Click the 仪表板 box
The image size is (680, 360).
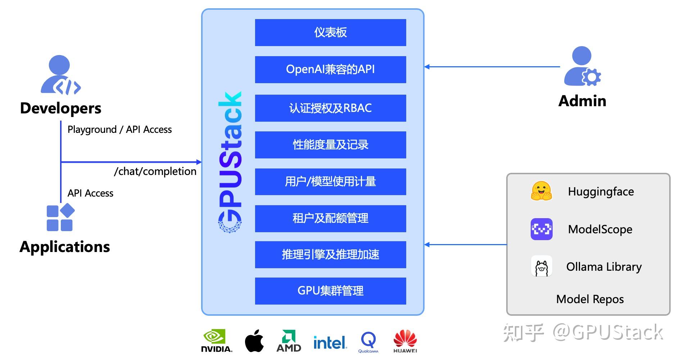pyautogui.click(x=330, y=32)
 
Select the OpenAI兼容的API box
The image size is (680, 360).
pyautogui.click(x=330, y=69)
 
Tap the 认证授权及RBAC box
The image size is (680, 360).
pyautogui.click(x=330, y=108)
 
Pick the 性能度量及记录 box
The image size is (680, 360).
pyautogui.click(x=330, y=145)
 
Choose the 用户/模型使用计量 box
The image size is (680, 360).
pyautogui.click(x=330, y=181)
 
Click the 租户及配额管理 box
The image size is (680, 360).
pyautogui.click(x=330, y=218)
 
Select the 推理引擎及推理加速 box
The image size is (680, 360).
pyautogui.click(x=330, y=255)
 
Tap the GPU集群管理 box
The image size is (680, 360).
pyautogui.click(x=330, y=291)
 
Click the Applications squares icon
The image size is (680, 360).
pyautogui.click(x=60, y=217)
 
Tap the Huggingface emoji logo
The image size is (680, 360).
pyautogui.click(x=541, y=191)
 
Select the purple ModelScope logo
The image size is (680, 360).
pyautogui.click(x=541, y=229)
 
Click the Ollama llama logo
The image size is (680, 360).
pyautogui.click(x=541, y=266)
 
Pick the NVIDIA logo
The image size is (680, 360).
pyautogui.click(x=216, y=341)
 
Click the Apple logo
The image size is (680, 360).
pyautogui.click(x=254, y=341)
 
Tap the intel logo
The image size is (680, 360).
pyautogui.click(x=330, y=342)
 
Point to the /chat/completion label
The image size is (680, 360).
pyautogui.click(x=155, y=171)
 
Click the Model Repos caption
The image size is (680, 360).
pyautogui.click(x=590, y=299)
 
